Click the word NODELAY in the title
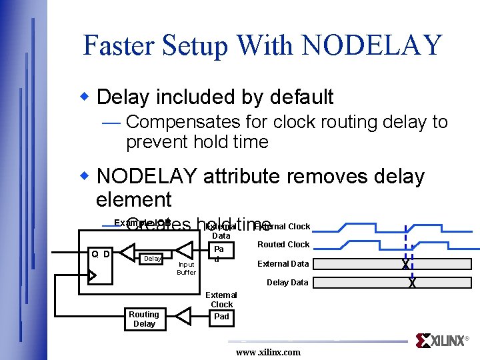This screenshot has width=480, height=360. pyautogui.click(x=371, y=45)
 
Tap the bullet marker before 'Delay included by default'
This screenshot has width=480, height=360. pyautogui.click(x=85, y=96)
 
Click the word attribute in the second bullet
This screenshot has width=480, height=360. pyautogui.click(x=250, y=176)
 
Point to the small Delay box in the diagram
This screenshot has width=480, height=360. pyautogui.click(x=153, y=257)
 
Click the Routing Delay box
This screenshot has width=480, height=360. pyautogui.click(x=144, y=319)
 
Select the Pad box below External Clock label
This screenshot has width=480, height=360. pyautogui.click(x=221, y=316)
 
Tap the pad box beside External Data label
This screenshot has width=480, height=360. pyautogui.click(x=220, y=253)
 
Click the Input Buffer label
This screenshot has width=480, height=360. pyautogui.click(x=186, y=268)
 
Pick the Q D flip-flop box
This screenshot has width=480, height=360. pyautogui.click(x=101, y=263)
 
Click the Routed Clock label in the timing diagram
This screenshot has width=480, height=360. pyautogui.click(x=283, y=245)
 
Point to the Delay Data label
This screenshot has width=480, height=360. pyautogui.click(x=287, y=283)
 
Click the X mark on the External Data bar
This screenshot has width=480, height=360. pyautogui.click(x=405, y=264)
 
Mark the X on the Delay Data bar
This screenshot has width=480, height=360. pyautogui.click(x=412, y=283)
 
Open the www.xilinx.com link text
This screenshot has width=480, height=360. pyautogui.click(x=268, y=352)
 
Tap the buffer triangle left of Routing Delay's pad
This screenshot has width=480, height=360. pyautogui.click(x=187, y=316)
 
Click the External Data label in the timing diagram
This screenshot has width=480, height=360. pyautogui.click(x=283, y=264)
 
